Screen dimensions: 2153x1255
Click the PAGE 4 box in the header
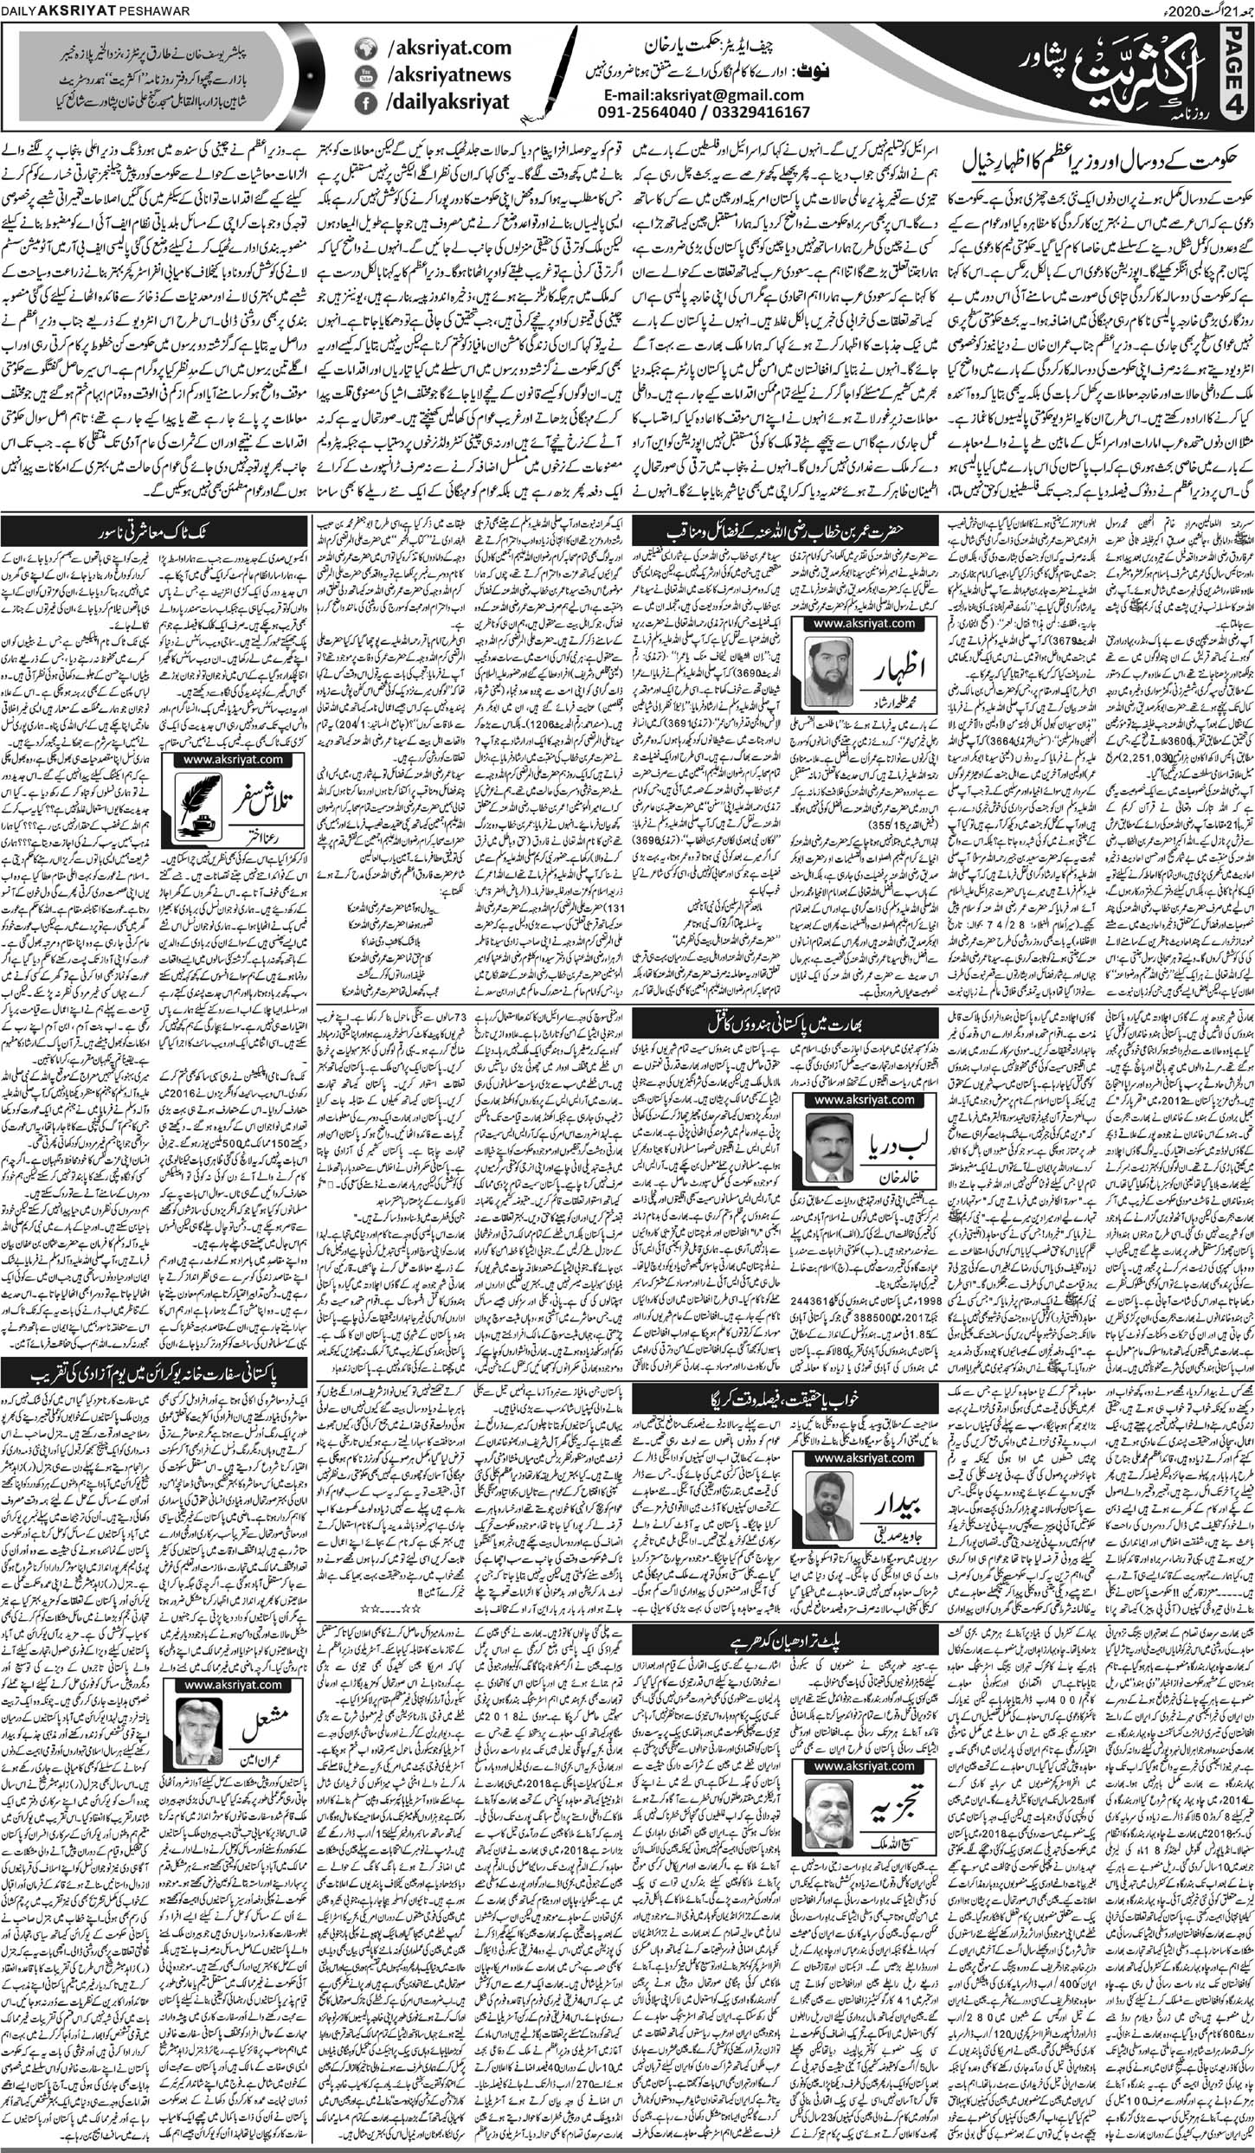[1239, 74]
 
